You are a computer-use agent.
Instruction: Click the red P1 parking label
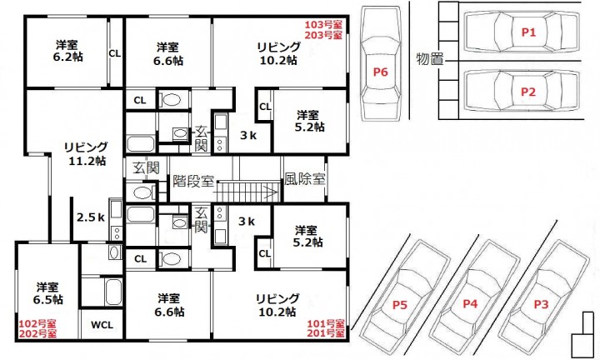tap(528, 32)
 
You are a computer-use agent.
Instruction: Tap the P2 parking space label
tap(528, 92)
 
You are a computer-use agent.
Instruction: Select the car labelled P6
tap(381, 63)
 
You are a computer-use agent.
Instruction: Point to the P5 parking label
tap(400, 305)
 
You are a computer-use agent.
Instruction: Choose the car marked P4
tap(473, 297)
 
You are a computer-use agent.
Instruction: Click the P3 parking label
tap(541, 304)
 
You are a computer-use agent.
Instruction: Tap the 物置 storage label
tap(430, 59)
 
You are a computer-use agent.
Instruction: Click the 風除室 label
tap(305, 178)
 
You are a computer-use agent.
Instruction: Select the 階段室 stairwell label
tap(193, 181)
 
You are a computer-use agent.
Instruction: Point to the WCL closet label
tap(102, 325)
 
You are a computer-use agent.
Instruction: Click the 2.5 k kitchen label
tap(91, 217)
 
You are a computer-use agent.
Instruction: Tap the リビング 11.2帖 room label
tap(87, 154)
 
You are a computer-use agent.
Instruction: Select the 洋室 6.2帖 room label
tap(67, 51)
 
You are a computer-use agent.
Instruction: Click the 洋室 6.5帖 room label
tap(47, 293)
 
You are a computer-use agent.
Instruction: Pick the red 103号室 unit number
tap(323, 25)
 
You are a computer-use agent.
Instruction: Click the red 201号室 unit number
tap(326, 333)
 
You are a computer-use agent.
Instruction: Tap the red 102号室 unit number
tap(37, 324)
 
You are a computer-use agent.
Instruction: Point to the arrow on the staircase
tap(247, 190)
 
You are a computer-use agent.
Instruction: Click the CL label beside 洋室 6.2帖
tap(115, 53)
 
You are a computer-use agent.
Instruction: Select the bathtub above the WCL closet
tap(113, 292)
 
